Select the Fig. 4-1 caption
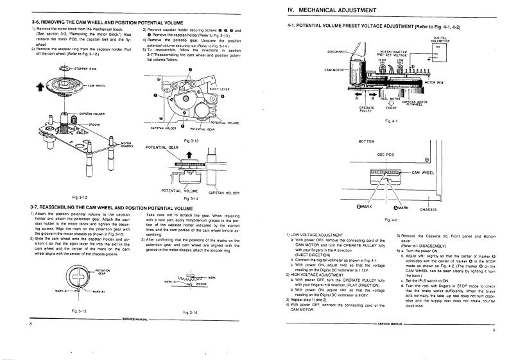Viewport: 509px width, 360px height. pos(392,121)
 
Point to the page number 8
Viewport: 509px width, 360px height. pos(30,325)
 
